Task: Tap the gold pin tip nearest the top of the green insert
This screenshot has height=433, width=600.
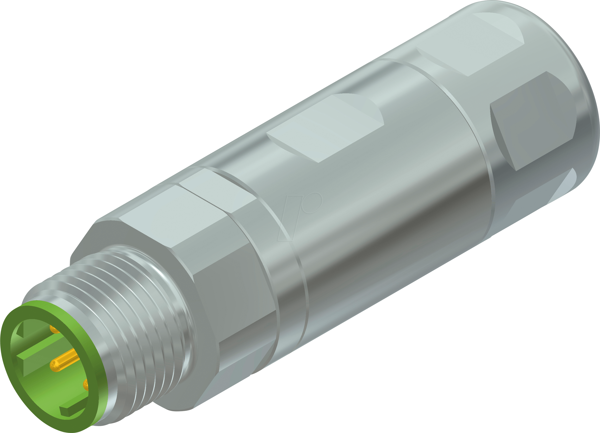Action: pyautogui.click(x=54, y=329)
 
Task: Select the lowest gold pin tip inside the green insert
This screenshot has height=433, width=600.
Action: pyautogui.click(x=86, y=385)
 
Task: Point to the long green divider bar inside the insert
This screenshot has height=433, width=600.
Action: pyautogui.click(x=40, y=349)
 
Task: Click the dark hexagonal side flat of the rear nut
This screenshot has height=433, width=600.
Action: pyautogui.click(x=532, y=122)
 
